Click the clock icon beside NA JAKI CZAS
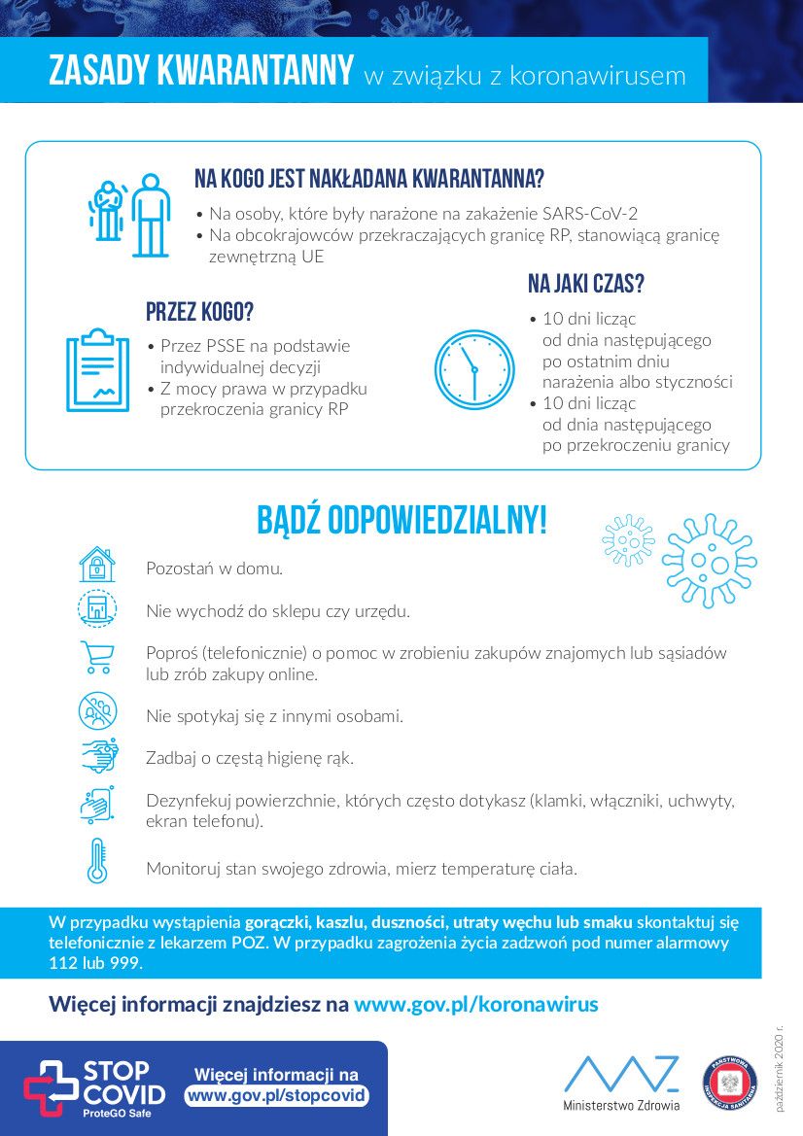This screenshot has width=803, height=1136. pyautogui.click(x=473, y=369)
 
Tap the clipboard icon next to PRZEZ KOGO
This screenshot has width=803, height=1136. pyautogui.click(x=97, y=370)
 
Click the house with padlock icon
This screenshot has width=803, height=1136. pyautogui.click(x=97, y=565)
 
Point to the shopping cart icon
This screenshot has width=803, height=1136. pyautogui.click(x=97, y=658)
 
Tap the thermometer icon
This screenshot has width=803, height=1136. pyautogui.click(x=97, y=860)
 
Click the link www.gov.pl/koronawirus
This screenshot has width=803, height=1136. pyautogui.click(x=476, y=1004)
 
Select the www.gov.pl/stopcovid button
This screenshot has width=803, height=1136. pyautogui.click(x=277, y=1095)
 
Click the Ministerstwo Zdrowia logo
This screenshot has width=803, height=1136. pyautogui.click(x=621, y=1084)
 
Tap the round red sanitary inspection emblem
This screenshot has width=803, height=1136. pyautogui.click(x=729, y=1084)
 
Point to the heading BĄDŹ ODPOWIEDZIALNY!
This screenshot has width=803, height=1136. pyautogui.click(x=401, y=521)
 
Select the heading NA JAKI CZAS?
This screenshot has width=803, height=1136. pyautogui.click(x=586, y=284)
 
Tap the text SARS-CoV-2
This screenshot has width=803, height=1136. pyautogui.click(x=591, y=213)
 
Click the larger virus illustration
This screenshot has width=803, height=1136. pyautogui.click(x=709, y=561)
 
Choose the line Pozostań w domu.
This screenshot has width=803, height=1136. pyautogui.click(x=214, y=568)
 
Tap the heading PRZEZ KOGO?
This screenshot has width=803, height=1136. pyautogui.click(x=199, y=312)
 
